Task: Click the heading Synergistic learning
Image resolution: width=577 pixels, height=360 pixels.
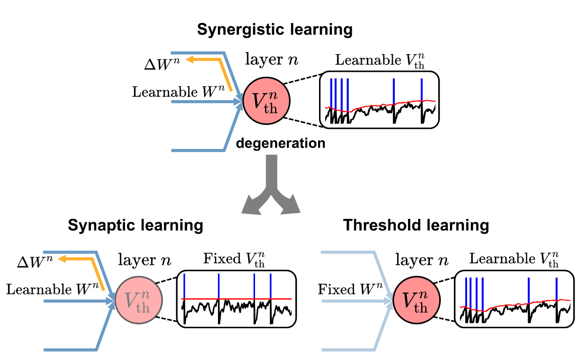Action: [275, 30]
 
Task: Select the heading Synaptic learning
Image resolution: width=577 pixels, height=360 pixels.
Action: [135, 225]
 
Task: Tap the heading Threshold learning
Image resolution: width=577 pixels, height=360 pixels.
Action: [416, 225]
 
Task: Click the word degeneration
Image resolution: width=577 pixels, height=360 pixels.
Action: [280, 144]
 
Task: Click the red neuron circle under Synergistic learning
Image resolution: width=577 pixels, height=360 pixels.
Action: [267, 102]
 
